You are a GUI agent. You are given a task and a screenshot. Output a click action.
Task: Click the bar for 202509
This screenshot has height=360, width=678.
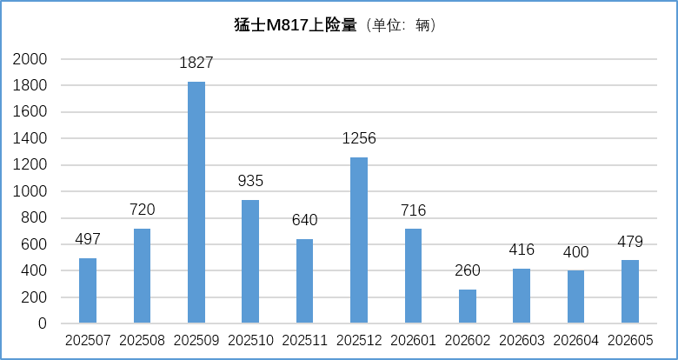(196, 202)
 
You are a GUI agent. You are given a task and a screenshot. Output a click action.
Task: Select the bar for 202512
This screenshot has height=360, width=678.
(359, 240)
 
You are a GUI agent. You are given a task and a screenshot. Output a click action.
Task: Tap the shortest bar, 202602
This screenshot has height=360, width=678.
(468, 306)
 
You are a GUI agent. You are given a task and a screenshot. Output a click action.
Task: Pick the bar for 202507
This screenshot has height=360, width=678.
(88, 290)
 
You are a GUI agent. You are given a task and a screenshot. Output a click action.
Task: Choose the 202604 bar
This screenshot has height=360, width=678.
(576, 297)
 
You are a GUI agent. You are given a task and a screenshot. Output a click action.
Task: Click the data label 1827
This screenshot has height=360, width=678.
(196, 63)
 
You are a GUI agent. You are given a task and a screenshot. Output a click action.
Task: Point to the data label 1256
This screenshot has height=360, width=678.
(359, 138)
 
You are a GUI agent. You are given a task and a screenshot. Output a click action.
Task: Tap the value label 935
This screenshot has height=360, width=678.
(250, 181)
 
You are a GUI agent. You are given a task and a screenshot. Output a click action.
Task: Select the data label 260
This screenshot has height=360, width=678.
(468, 270)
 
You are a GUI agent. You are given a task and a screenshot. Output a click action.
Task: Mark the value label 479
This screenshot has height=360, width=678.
(630, 242)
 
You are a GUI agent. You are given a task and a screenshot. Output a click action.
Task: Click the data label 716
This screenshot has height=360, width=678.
(413, 210)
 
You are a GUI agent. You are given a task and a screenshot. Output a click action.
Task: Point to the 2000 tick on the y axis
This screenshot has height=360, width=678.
(30, 59)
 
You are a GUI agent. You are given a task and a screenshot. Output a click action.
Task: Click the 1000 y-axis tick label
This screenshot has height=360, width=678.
(30, 191)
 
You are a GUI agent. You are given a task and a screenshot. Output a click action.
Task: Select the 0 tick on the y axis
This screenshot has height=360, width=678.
(43, 323)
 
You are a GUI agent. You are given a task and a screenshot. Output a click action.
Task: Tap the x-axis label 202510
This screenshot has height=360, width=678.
(250, 341)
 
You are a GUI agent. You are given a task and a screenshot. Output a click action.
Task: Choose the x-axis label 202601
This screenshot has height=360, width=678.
(413, 341)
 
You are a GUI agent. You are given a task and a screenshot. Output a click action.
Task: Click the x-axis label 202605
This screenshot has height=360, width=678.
(630, 341)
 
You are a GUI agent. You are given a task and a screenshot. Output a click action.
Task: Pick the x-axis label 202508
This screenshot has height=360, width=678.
(142, 341)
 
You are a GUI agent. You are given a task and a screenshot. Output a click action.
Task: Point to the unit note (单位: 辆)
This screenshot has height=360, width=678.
(401, 25)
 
